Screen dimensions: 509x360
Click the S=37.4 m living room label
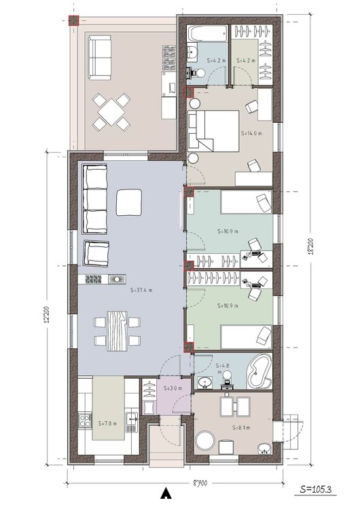point(141,289)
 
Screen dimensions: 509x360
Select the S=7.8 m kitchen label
point(107,423)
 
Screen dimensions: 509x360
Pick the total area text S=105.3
point(318,488)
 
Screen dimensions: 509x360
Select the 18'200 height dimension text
point(310,258)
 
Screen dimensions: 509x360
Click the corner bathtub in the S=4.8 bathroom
point(258,372)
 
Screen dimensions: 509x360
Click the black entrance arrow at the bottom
point(163,493)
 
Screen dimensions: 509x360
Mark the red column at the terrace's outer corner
point(73,20)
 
